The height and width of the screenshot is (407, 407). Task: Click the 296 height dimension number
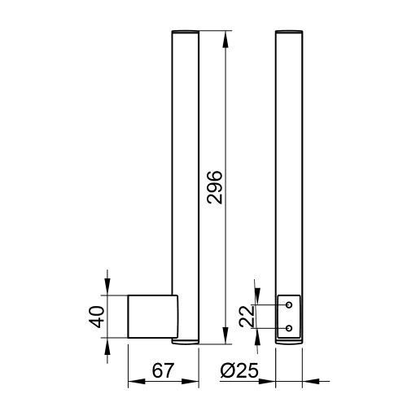[215, 187]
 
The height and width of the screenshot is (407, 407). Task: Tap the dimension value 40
[96, 317]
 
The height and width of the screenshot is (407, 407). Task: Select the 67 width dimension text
[162, 370]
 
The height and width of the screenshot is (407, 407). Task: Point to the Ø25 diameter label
[239, 370]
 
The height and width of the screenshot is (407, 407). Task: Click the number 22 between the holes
[247, 317]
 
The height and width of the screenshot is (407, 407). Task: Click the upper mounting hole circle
[289, 305]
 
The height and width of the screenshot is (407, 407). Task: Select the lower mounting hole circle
[289, 328]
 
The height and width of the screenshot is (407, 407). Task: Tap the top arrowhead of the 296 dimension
[225, 40]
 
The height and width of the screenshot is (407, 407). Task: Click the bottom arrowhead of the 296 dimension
[225, 335]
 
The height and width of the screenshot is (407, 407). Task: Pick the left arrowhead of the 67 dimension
[137, 381]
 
